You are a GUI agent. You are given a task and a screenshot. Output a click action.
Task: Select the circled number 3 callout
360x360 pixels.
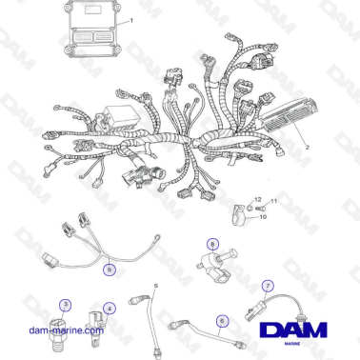coord(65,305)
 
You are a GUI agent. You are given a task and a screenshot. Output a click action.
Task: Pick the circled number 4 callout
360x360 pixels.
coord(110,309)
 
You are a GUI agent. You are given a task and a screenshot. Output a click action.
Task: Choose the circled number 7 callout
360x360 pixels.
coord(268,285)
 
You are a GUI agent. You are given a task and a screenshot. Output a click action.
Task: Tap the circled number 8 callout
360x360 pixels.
coord(210,245)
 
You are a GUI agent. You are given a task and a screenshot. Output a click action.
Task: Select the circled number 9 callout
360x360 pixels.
coord(110,270)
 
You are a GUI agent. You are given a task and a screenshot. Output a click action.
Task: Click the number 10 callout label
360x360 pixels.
coord(263,217)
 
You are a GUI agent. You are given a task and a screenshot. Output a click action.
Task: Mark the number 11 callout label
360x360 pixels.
coord(271,201)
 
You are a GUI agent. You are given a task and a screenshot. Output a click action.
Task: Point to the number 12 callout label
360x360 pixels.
coord(256,199)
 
